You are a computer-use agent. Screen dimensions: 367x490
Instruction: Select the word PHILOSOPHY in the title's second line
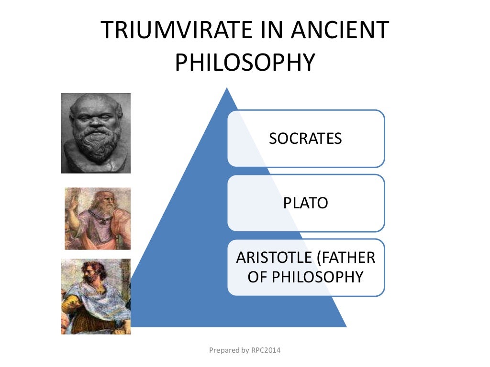point(245,63)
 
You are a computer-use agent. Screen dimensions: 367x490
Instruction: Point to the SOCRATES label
point(305,139)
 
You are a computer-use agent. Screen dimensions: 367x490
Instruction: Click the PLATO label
point(305,203)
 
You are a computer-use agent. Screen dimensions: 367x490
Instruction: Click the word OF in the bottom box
point(257,277)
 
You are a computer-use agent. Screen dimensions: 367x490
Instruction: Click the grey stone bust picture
point(96,133)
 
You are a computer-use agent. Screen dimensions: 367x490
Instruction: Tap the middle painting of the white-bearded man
point(98,218)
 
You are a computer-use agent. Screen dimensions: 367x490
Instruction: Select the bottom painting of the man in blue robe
point(96,296)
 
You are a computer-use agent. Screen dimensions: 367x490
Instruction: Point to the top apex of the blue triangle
point(226,89)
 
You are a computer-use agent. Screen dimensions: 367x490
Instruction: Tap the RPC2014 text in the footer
point(266,350)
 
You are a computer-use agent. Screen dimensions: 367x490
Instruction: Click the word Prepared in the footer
point(223,350)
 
